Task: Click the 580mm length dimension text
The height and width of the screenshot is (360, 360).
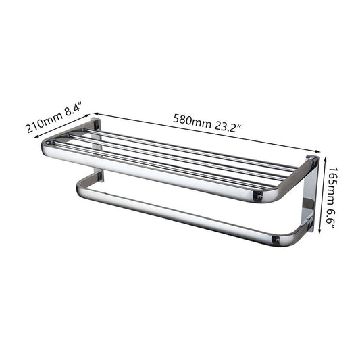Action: coord(192,121)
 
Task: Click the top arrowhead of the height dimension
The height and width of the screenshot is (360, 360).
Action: coord(325,159)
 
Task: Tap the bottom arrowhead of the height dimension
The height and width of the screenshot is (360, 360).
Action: coord(319,232)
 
